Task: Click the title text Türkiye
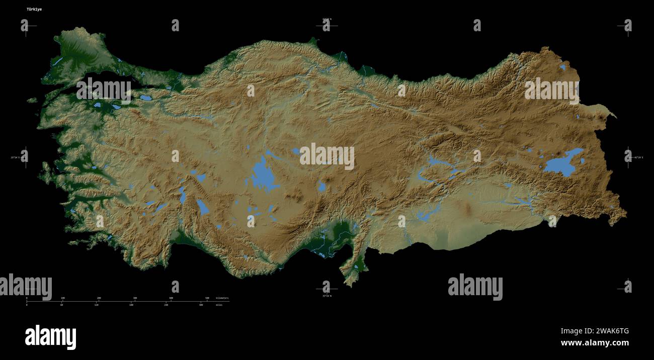pos(34,9)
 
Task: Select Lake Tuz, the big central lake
pos(263,175)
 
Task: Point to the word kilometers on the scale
pos(222,298)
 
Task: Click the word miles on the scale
pos(219,305)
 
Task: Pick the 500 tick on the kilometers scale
pos(207,298)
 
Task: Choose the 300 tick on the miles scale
pos(201,305)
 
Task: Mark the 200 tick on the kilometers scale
pos(99,298)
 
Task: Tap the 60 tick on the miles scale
pos(61,305)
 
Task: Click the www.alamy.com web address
pos(595,343)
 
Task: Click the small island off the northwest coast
pos(32,100)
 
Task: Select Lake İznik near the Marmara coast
pos(146,98)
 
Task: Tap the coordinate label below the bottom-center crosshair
pos(327,296)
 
